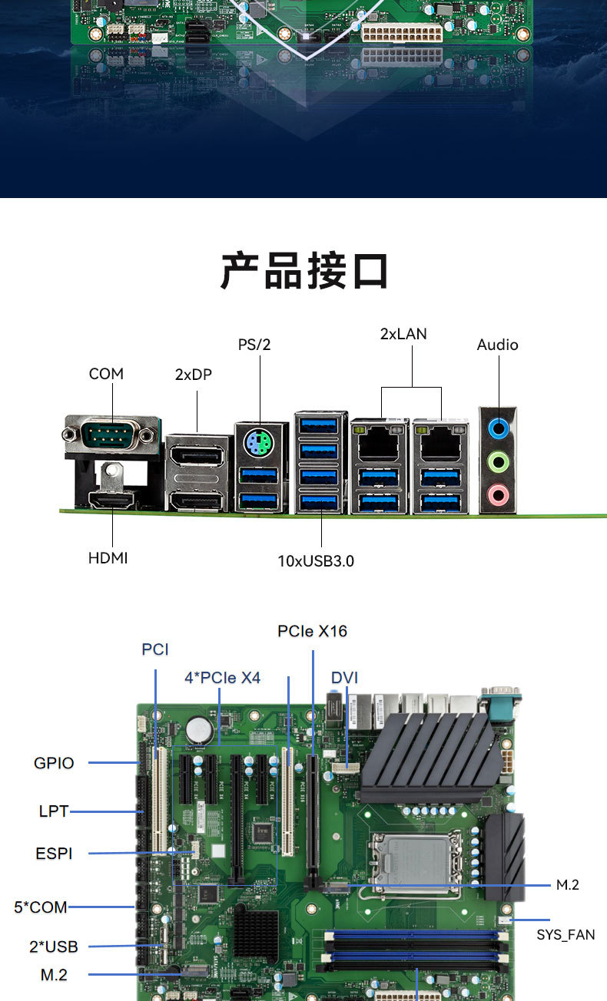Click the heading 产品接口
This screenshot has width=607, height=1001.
pos(304,271)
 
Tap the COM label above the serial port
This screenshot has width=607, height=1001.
pos(106,374)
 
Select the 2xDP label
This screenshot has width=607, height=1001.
pos(193,375)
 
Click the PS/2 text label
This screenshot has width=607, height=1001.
pos(254,345)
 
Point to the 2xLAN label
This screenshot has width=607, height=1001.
pos(403,334)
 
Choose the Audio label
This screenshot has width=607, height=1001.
pos(497,345)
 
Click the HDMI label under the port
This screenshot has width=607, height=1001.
pos(108,558)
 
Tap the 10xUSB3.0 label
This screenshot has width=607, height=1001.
pos(316,561)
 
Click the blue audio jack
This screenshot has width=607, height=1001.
pos(499,428)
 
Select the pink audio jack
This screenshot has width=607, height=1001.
pos(499,494)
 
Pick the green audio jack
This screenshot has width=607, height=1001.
pos(499,461)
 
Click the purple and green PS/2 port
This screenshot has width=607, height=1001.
pos(258,443)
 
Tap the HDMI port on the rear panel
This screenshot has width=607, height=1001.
pos(112,500)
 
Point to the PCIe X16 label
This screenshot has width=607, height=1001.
pos(312,631)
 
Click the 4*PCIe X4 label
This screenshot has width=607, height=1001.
pos(222,678)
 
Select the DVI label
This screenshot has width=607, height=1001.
pos(344,678)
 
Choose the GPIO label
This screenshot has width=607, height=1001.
pos(54,763)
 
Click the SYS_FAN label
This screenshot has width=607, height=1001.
pos(566,935)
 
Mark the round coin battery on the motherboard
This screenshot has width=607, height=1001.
pos(200,731)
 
